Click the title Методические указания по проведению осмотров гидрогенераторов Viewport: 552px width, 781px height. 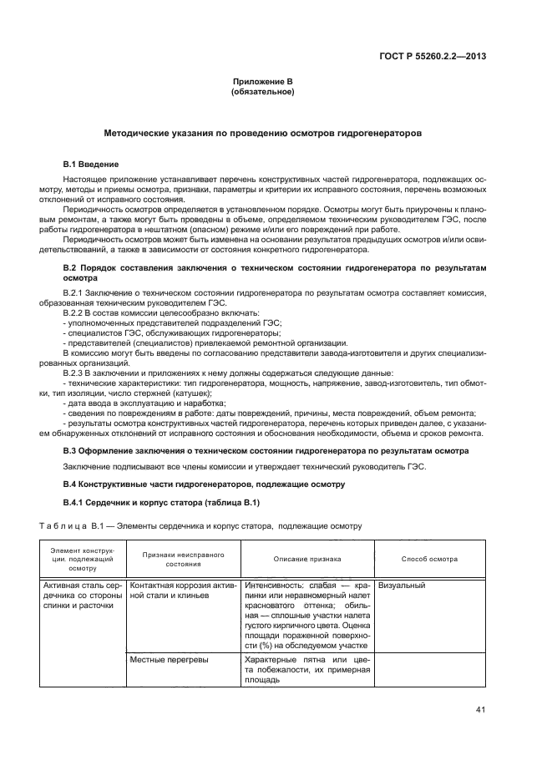(x=262, y=133)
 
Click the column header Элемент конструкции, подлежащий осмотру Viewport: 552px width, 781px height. (x=83, y=558)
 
